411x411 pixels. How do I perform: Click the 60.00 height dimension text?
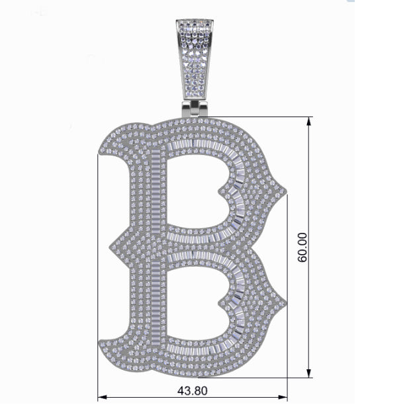click(x=302, y=247)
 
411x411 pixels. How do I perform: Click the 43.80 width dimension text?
click(x=193, y=391)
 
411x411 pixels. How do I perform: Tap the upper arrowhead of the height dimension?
click(x=309, y=122)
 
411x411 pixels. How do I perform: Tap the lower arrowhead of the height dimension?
click(x=309, y=373)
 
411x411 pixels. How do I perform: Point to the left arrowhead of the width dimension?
click(x=103, y=397)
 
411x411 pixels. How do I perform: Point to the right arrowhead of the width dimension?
click(x=283, y=397)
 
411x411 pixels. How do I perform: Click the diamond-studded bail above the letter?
click(x=195, y=59)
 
